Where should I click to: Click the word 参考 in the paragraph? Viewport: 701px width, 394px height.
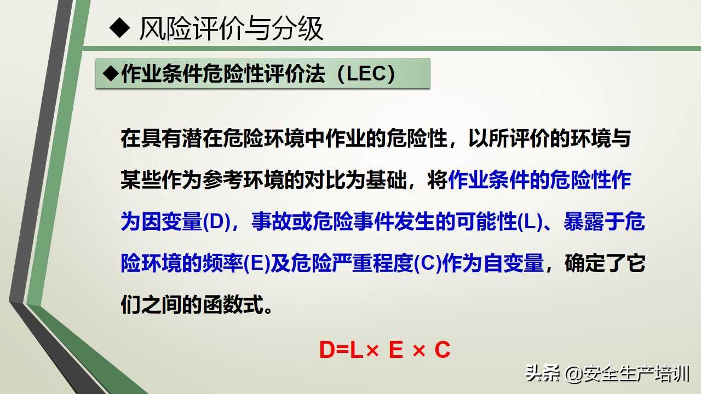tap(229, 181)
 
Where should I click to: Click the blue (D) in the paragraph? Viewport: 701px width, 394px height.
tap(216, 223)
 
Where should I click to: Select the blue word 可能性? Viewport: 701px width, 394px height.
tap(497, 223)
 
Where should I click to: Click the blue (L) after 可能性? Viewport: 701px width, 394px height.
tap(530, 223)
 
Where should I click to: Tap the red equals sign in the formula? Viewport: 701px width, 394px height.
tap(343, 350)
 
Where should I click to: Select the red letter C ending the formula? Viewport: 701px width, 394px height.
tap(443, 350)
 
